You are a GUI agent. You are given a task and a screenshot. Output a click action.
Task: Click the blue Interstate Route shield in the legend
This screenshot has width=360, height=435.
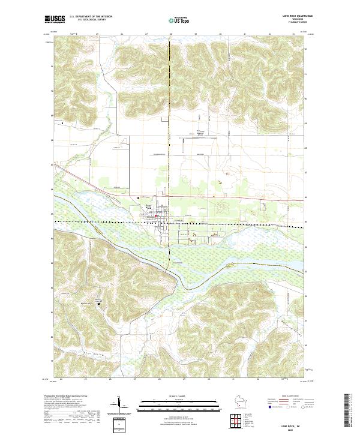tap(270, 406)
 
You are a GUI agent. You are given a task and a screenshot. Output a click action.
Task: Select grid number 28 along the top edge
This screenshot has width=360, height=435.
tap(170, 34)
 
